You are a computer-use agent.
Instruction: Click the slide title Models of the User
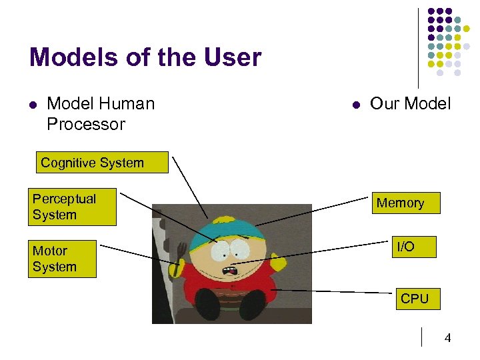coord(145,57)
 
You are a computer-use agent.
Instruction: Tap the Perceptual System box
coord(72,207)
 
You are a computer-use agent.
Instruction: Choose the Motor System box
coord(62,259)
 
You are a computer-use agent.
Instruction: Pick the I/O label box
coord(405,247)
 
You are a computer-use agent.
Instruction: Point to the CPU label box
coord(414,299)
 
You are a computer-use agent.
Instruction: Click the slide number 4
coord(447,338)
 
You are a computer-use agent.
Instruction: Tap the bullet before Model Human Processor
coord(32,105)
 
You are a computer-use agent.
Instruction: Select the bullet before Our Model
coord(355,105)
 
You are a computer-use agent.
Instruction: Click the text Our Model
coord(410,104)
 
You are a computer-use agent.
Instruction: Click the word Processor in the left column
coord(86,124)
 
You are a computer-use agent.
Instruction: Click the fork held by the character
coord(179,254)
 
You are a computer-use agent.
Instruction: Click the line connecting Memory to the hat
coord(313,211)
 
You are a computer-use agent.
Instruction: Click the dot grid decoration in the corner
coord(449,41)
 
